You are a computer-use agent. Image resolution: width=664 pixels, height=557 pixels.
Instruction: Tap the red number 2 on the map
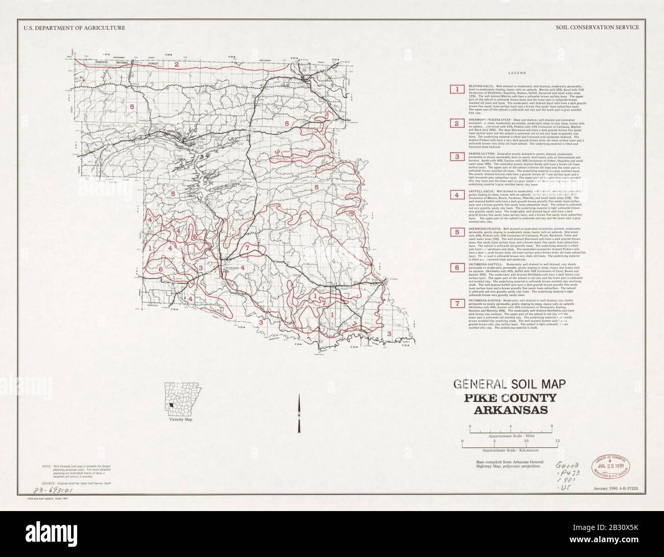(x=176, y=64)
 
